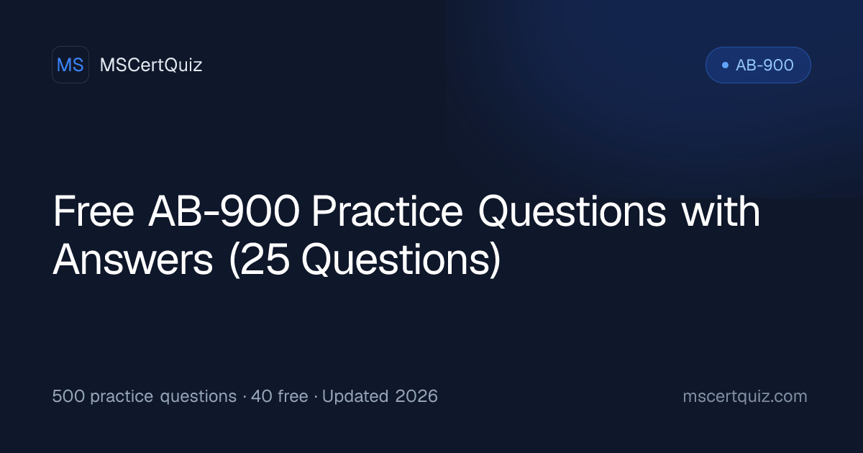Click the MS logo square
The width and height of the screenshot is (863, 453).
click(x=70, y=65)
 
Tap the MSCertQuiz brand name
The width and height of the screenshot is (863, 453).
click(x=151, y=65)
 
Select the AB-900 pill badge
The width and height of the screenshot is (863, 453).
click(x=758, y=65)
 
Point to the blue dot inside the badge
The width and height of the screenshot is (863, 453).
click(x=725, y=65)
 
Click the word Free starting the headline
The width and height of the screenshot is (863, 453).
click(x=93, y=211)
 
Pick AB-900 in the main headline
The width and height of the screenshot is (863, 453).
click(x=224, y=211)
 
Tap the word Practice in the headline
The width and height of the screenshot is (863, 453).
click(x=387, y=211)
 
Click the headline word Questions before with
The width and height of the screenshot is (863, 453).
click(x=572, y=212)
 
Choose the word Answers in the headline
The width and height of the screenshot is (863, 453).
click(x=133, y=260)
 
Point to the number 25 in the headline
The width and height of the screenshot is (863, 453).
click(x=265, y=260)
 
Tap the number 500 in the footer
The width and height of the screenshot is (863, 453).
click(x=68, y=396)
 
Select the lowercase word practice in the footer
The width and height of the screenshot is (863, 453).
click(x=122, y=397)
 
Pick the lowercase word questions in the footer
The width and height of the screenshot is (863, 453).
click(x=198, y=397)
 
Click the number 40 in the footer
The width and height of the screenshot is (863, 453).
click(x=262, y=396)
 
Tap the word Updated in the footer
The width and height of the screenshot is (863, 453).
click(x=355, y=396)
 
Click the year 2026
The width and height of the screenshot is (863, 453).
click(x=416, y=396)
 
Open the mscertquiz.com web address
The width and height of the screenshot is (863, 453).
click(x=745, y=397)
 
